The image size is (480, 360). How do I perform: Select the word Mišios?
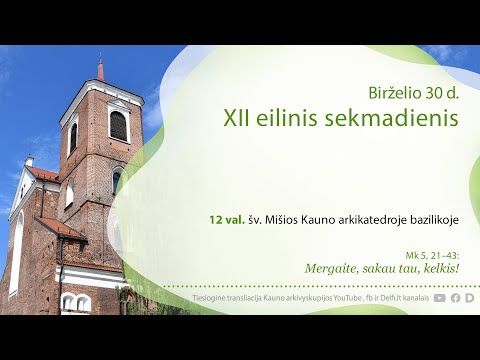pos(287,217)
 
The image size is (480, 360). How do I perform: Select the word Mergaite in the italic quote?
pos(335,269)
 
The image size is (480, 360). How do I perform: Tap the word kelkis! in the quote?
pos(439,269)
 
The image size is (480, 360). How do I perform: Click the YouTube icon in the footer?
pos(440,298)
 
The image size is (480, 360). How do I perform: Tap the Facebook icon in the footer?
pos(455,298)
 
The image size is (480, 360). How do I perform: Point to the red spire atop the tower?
pos(100,70)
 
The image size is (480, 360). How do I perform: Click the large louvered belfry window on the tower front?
pos(118,126)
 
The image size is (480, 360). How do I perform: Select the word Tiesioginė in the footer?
pos(213,298)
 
